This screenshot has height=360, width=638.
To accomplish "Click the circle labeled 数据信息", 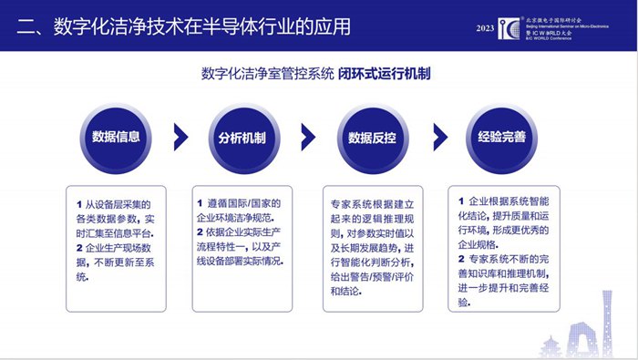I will [x=115, y=137].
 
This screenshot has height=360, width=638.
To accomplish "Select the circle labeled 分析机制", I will [x=242, y=137].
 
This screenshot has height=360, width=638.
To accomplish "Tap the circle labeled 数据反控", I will [x=371, y=137].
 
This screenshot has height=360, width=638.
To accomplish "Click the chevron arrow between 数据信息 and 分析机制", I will [x=180, y=137].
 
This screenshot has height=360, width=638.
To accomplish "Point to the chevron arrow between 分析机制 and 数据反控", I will [x=308, y=137].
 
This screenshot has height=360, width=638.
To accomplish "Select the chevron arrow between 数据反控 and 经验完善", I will [x=437, y=137].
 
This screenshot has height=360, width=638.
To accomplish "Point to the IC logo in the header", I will [x=509, y=27].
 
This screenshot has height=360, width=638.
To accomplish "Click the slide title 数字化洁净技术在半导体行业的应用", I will [x=182, y=26].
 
